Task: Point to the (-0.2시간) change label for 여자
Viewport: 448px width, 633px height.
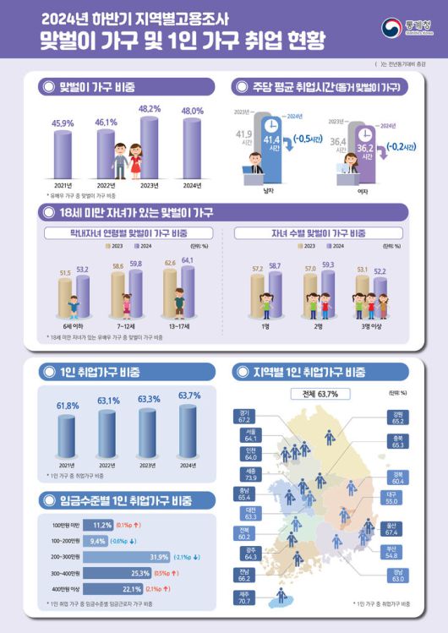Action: pos(398,147)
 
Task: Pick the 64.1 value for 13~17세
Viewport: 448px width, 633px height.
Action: pos(187,260)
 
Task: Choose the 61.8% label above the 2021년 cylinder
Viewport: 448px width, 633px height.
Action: pos(67,407)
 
